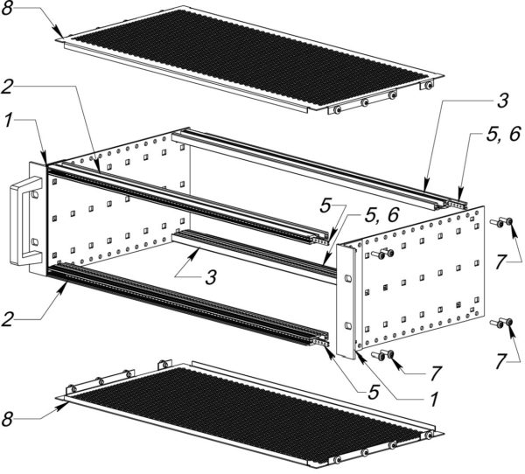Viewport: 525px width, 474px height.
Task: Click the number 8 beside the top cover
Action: (7, 8)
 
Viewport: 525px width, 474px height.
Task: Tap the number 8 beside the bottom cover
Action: (7, 419)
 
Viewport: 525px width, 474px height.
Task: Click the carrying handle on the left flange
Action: (25, 220)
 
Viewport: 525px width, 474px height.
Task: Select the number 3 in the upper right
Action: (502, 101)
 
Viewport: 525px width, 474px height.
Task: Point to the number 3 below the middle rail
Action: (211, 277)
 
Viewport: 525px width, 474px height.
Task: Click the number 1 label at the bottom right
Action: (433, 400)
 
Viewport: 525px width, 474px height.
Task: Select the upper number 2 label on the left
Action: (7, 87)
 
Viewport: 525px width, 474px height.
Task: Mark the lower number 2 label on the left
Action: (7, 319)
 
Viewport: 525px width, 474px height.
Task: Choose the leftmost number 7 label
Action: (435, 373)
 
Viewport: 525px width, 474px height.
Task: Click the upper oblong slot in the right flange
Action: (348, 278)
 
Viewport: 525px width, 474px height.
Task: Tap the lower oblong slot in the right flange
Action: (348, 325)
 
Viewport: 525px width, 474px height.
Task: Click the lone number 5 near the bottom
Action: (374, 392)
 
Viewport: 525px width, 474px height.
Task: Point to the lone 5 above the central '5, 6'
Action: (325, 206)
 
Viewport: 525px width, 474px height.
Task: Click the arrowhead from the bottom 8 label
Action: (63, 406)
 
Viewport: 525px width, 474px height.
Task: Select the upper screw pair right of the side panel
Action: (501, 222)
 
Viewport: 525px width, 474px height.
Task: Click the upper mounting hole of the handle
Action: (34, 194)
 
